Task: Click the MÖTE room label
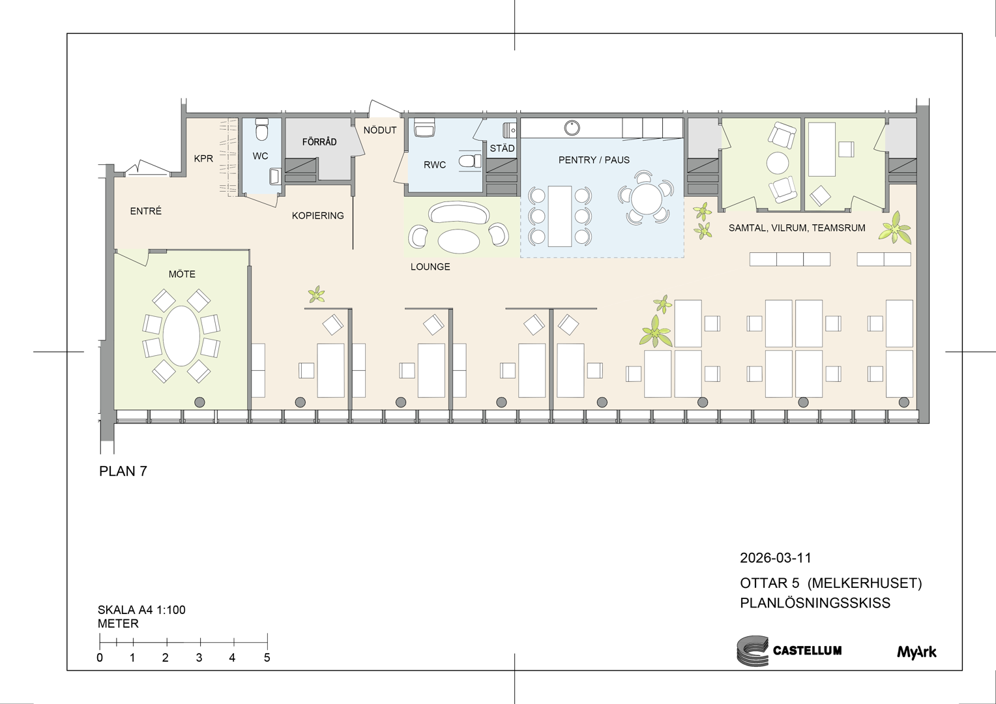click(182, 274)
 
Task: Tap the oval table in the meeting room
click(181, 336)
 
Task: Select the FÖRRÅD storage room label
click(319, 142)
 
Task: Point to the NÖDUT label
click(380, 130)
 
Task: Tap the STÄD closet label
click(502, 148)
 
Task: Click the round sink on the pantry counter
click(572, 128)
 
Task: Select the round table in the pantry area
click(646, 199)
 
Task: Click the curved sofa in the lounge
click(459, 213)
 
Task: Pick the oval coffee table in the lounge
click(459, 241)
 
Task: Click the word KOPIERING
click(318, 216)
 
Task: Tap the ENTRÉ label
click(146, 211)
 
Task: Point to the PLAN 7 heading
click(123, 471)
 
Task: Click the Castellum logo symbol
click(752, 651)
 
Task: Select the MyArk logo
click(916, 651)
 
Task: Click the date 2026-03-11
click(776, 558)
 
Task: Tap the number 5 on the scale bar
click(267, 658)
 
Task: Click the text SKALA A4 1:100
click(141, 609)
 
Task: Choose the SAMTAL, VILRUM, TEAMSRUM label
click(797, 228)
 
